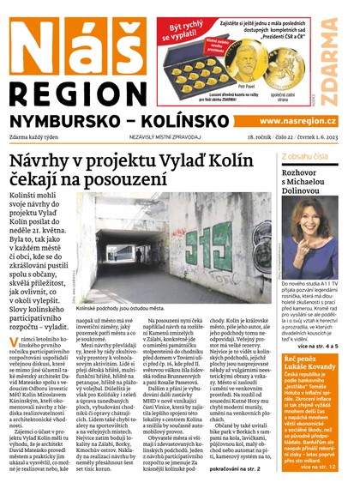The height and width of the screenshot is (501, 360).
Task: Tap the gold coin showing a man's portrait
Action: click(264, 64)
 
